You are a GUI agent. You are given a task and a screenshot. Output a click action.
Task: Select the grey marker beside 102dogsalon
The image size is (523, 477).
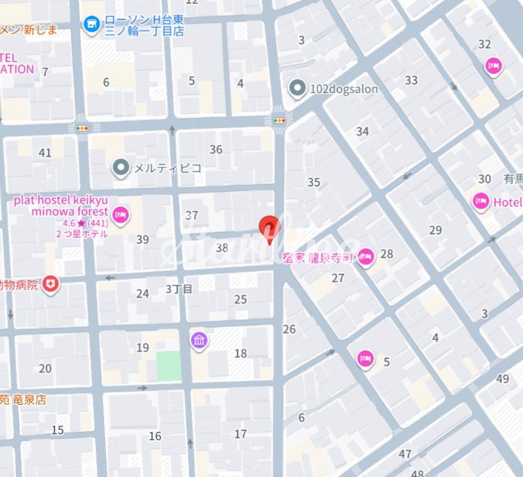[x=298, y=88]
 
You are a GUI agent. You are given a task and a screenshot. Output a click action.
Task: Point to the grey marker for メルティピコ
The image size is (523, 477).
[x=121, y=168]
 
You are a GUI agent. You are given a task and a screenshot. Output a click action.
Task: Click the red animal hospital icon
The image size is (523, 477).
[x=50, y=284]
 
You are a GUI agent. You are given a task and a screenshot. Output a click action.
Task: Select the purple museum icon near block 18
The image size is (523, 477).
[x=199, y=340]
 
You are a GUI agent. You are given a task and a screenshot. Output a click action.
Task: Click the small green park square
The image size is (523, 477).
[x=168, y=366]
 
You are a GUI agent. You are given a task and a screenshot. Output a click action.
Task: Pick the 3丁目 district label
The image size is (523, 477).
[x=179, y=289]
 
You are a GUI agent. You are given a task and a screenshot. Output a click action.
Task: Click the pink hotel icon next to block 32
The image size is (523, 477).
[x=493, y=66]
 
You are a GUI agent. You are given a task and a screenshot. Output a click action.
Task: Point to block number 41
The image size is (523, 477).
[x=45, y=153]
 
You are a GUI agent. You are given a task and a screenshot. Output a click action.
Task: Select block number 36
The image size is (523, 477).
[x=216, y=149]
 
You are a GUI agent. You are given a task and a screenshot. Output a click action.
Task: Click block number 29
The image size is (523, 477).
[x=435, y=230]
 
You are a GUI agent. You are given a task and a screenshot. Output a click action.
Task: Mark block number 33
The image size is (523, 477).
[x=411, y=81]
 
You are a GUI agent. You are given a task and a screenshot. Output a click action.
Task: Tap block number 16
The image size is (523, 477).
[x=155, y=436]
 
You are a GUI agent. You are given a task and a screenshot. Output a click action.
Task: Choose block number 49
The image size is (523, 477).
[x=503, y=379]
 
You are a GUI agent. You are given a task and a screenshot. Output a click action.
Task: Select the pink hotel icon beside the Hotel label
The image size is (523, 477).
[x=480, y=202]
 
